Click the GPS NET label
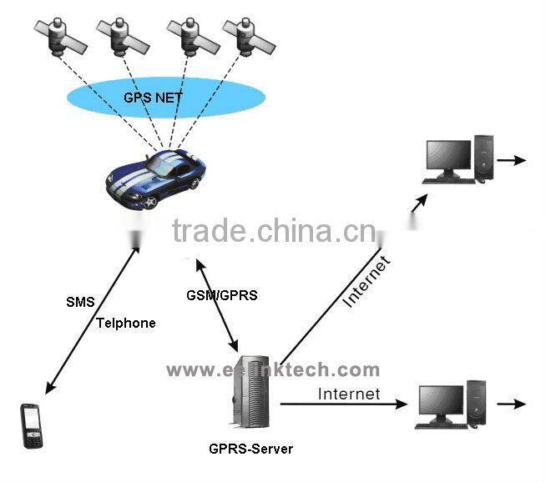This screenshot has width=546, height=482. (153, 98)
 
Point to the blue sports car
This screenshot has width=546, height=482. (155, 177)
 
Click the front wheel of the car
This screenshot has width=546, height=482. (150, 200)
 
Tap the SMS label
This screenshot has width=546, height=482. (80, 301)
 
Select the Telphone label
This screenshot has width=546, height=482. (125, 323)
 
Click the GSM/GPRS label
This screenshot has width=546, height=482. (222, 295)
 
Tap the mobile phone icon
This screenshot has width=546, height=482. (31, 425)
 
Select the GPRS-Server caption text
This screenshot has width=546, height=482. (250, 449)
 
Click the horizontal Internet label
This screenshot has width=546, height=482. (349, 394)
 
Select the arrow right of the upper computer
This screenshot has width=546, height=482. (512, 159)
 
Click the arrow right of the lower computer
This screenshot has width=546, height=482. (511, 404)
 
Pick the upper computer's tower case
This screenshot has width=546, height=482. (484, 156)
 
